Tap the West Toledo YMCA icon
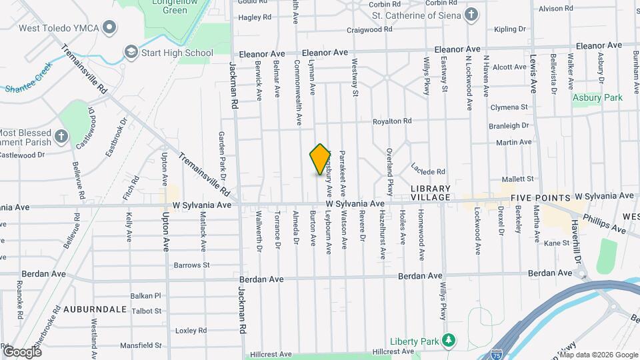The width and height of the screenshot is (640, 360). tap(111, 27)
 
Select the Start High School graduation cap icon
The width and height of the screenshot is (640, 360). tap(131, 53)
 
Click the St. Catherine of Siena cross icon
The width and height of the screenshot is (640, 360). tap(471, 15)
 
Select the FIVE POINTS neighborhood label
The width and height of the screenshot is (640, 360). tap(540, 198)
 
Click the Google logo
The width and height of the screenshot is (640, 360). tap(21, 351)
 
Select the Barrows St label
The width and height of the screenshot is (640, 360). tap(193, 265)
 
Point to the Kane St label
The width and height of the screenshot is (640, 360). tap(555, 244)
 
